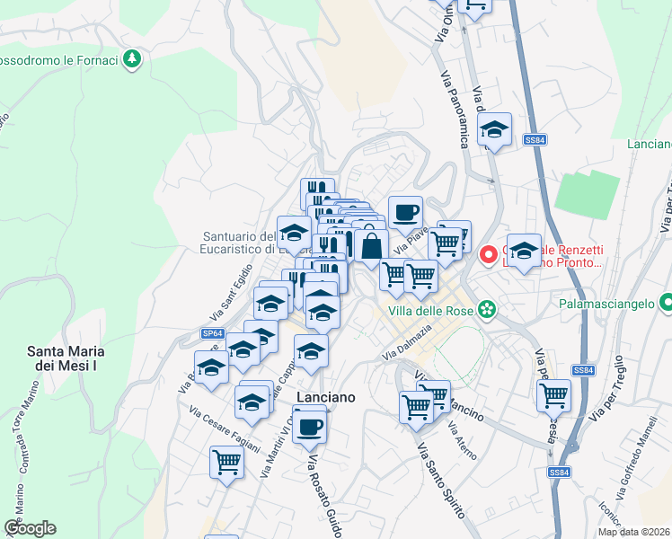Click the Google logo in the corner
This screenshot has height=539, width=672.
tap(30, 528)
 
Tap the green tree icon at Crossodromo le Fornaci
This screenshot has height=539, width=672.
tap(133, 59)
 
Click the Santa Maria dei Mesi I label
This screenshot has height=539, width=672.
tap(63, 358)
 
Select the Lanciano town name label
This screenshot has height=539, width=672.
tap(326, 397)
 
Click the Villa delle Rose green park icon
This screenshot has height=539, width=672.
tap(486, 310)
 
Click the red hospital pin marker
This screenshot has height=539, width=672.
tap(489, 255)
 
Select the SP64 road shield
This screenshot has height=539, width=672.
tap(211, 333)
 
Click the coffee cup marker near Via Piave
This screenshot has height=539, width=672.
tap(405, 211)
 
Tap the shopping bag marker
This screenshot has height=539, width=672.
tap(371, 245)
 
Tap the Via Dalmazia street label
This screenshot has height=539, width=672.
tap(409, 343)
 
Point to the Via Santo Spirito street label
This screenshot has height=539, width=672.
tap(441, 483)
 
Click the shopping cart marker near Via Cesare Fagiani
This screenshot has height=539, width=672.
tap(227, 463)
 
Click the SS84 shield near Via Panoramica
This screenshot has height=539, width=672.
tap(535, 139)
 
